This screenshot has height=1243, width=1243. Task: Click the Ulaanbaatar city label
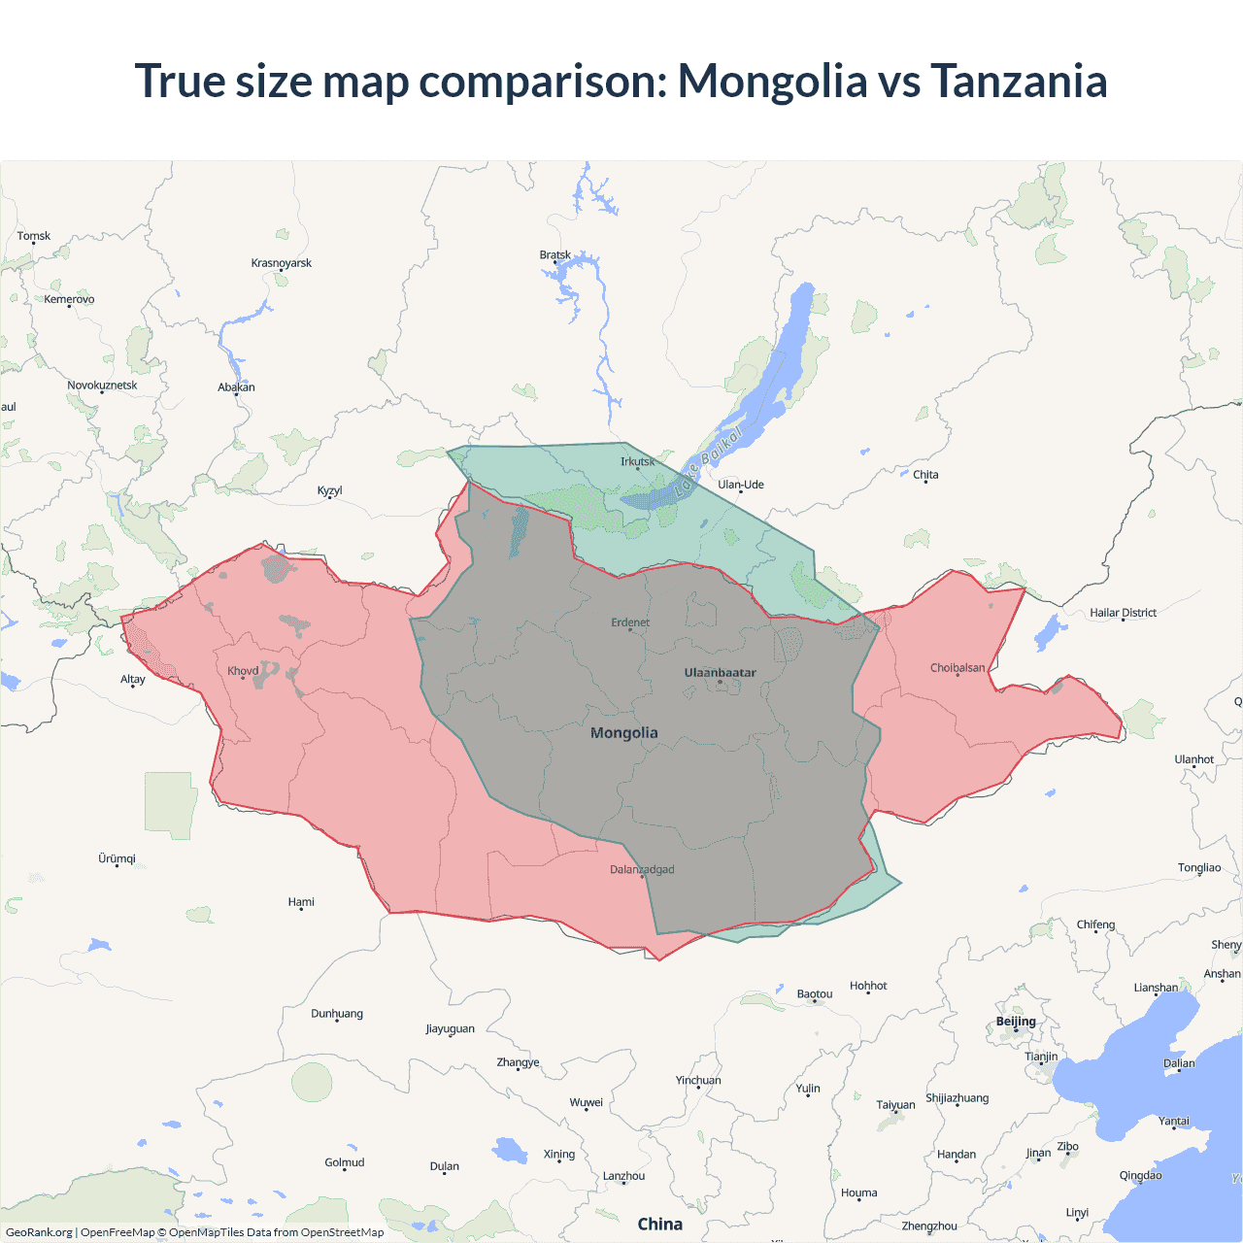(720, 672)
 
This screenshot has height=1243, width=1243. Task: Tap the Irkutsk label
(637, 461)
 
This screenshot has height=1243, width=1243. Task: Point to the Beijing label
(1016, 1021)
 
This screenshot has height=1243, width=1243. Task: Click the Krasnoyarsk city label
(282, 263)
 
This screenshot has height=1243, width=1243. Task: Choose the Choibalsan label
(957, 667)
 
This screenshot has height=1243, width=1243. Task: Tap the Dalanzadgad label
(642, 869)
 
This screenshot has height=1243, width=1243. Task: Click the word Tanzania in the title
(1019, 81)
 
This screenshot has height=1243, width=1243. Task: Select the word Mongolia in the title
(772, 81)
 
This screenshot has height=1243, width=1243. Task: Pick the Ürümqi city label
(118, 858)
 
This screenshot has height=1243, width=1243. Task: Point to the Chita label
(925, 475)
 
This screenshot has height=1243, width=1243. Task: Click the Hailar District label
(1123, 613)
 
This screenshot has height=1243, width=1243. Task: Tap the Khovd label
(243, 671)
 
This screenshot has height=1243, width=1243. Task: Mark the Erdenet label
(630, 622)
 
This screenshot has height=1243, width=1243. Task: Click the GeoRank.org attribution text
(39, 1232)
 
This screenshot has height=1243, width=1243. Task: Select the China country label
(659, 1224)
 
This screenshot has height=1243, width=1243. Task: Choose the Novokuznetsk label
(102, 386)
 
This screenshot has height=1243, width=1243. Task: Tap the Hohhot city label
(868, 986)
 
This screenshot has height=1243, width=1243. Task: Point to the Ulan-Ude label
(741, 485)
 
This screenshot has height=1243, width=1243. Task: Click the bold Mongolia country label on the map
(624, 733)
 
